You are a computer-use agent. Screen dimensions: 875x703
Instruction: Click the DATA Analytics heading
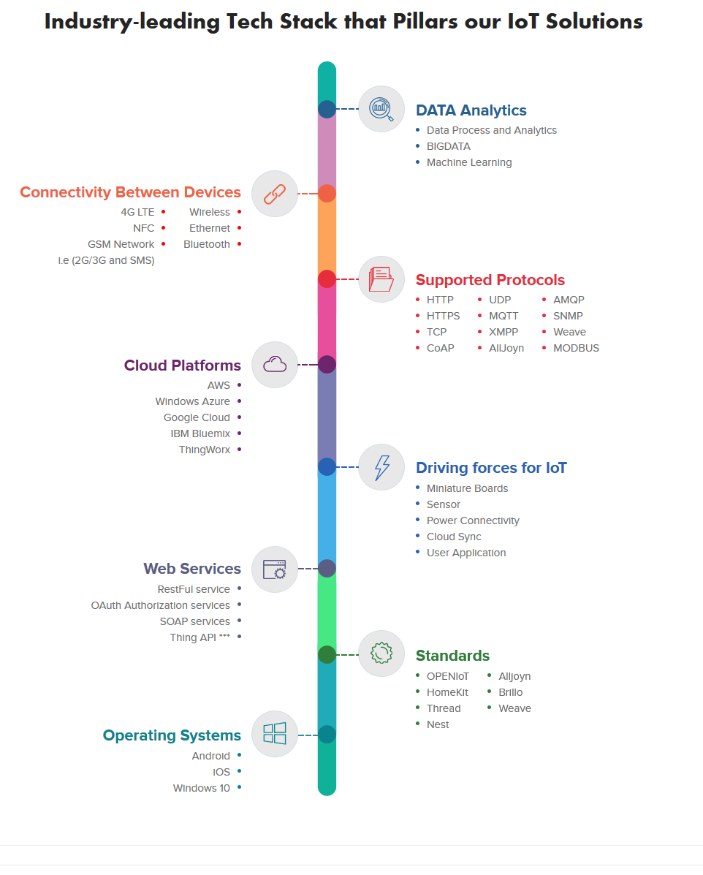click(x=471, y=110)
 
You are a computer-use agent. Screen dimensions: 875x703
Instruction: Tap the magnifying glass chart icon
click(x=381, y=109)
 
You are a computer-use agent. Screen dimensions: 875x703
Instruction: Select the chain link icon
click(x=275, y=194)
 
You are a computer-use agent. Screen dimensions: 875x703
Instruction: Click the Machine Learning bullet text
click(x=469, y=162)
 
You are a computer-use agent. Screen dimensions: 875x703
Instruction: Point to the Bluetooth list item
click(x=207, y=244)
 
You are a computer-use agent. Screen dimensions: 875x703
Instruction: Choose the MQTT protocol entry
click(x=503, y=316)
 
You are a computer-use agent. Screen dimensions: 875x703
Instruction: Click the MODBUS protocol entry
click(x=576, y=348)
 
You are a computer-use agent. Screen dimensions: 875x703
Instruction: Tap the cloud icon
click(x=275, y=364)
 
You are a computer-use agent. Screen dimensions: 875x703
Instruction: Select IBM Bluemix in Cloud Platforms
click(x=200, y=433)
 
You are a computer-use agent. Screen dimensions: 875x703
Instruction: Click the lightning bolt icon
click(x=381, y=467)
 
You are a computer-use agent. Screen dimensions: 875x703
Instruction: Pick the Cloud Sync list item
click(x=454, y=537)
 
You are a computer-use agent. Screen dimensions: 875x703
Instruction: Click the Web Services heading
click(x=192, y=569)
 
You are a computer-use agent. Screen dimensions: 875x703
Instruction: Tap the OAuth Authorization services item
click(x=161, y=605)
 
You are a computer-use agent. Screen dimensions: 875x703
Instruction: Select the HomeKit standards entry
click(x=447, y=692)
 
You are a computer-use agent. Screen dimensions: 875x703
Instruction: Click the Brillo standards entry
click(x=511, y=692)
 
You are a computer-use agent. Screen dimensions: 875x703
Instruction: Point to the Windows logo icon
click(x=275, y=734)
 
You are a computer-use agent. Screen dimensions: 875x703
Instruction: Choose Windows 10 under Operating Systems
click(x=202, y=788)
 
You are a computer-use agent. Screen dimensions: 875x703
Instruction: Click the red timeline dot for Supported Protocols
click(x=327, y=279)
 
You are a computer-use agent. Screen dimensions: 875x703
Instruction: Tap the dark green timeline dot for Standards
click(x=327, y=654)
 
